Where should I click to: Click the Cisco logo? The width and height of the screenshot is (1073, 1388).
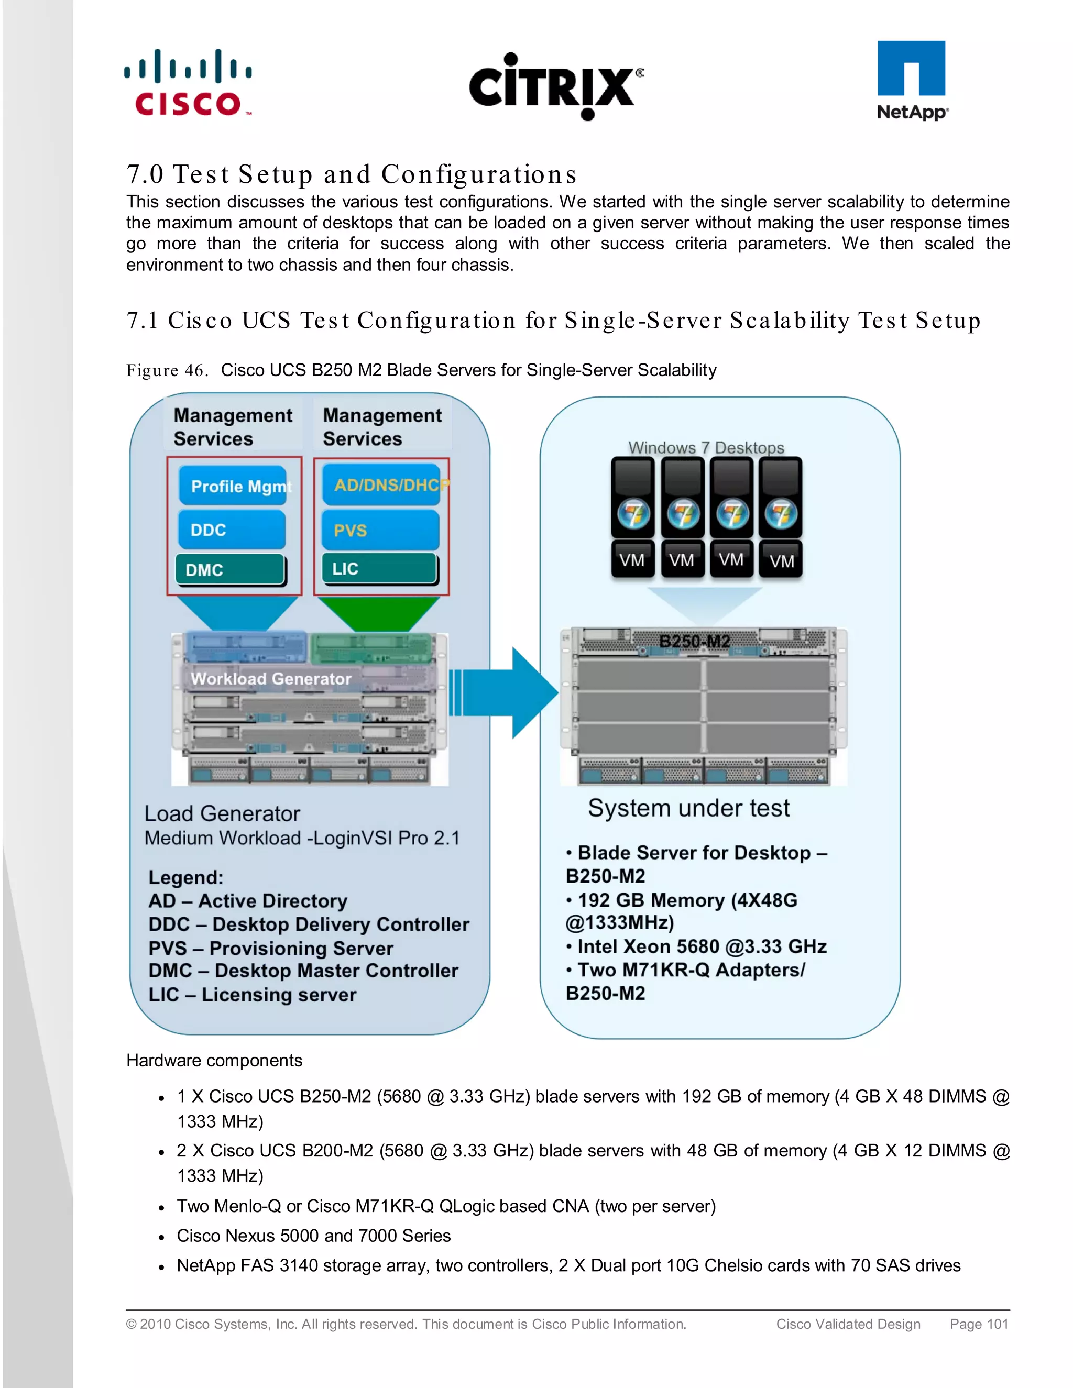pos(188,83)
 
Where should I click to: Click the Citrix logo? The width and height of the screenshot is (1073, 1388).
pos(555,86)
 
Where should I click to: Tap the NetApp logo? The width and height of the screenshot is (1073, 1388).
pos(912,81)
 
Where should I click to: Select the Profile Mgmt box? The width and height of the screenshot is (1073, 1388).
pos(233,486)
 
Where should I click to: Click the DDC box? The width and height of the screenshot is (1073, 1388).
pos(232,530)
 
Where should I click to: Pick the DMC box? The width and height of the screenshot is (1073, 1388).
pos(229,569)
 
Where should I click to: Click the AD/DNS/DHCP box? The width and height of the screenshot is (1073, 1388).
pos(381,486)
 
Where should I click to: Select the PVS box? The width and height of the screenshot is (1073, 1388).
pos(380,530)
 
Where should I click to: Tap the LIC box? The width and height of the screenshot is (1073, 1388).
pos(379,568)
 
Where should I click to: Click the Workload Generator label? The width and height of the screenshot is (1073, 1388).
pos(271,679)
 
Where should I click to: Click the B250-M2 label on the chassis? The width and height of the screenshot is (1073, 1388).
pos(694,641)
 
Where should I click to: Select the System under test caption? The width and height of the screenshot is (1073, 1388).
pos(688,808)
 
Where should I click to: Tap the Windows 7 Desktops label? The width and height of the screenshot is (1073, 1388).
pos(706,447)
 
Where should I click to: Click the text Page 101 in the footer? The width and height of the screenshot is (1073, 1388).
pos(978,1324)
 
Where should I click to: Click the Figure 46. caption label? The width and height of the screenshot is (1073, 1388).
pos(167,370)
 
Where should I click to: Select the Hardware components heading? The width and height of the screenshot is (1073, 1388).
pos(214,1060)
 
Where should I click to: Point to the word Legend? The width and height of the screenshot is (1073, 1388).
pos(185,878)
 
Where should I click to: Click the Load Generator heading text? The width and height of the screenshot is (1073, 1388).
pos(222,813)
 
